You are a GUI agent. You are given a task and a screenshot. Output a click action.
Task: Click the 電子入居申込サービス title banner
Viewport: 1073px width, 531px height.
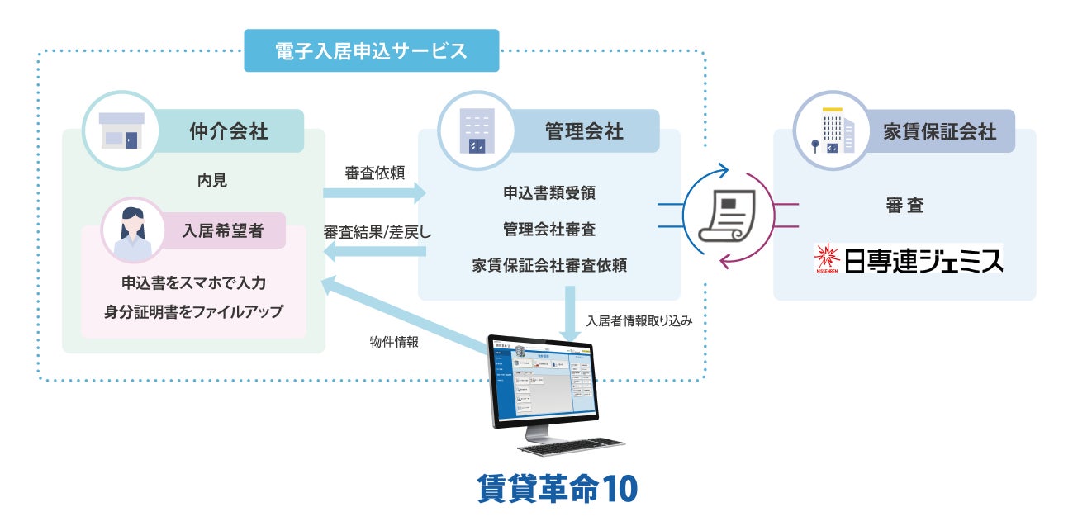372,50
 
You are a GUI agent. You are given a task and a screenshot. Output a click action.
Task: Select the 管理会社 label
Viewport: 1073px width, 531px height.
583,130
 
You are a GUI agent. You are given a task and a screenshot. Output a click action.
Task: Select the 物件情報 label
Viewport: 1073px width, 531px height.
395,340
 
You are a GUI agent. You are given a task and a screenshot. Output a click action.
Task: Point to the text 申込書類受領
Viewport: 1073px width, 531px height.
549,193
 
